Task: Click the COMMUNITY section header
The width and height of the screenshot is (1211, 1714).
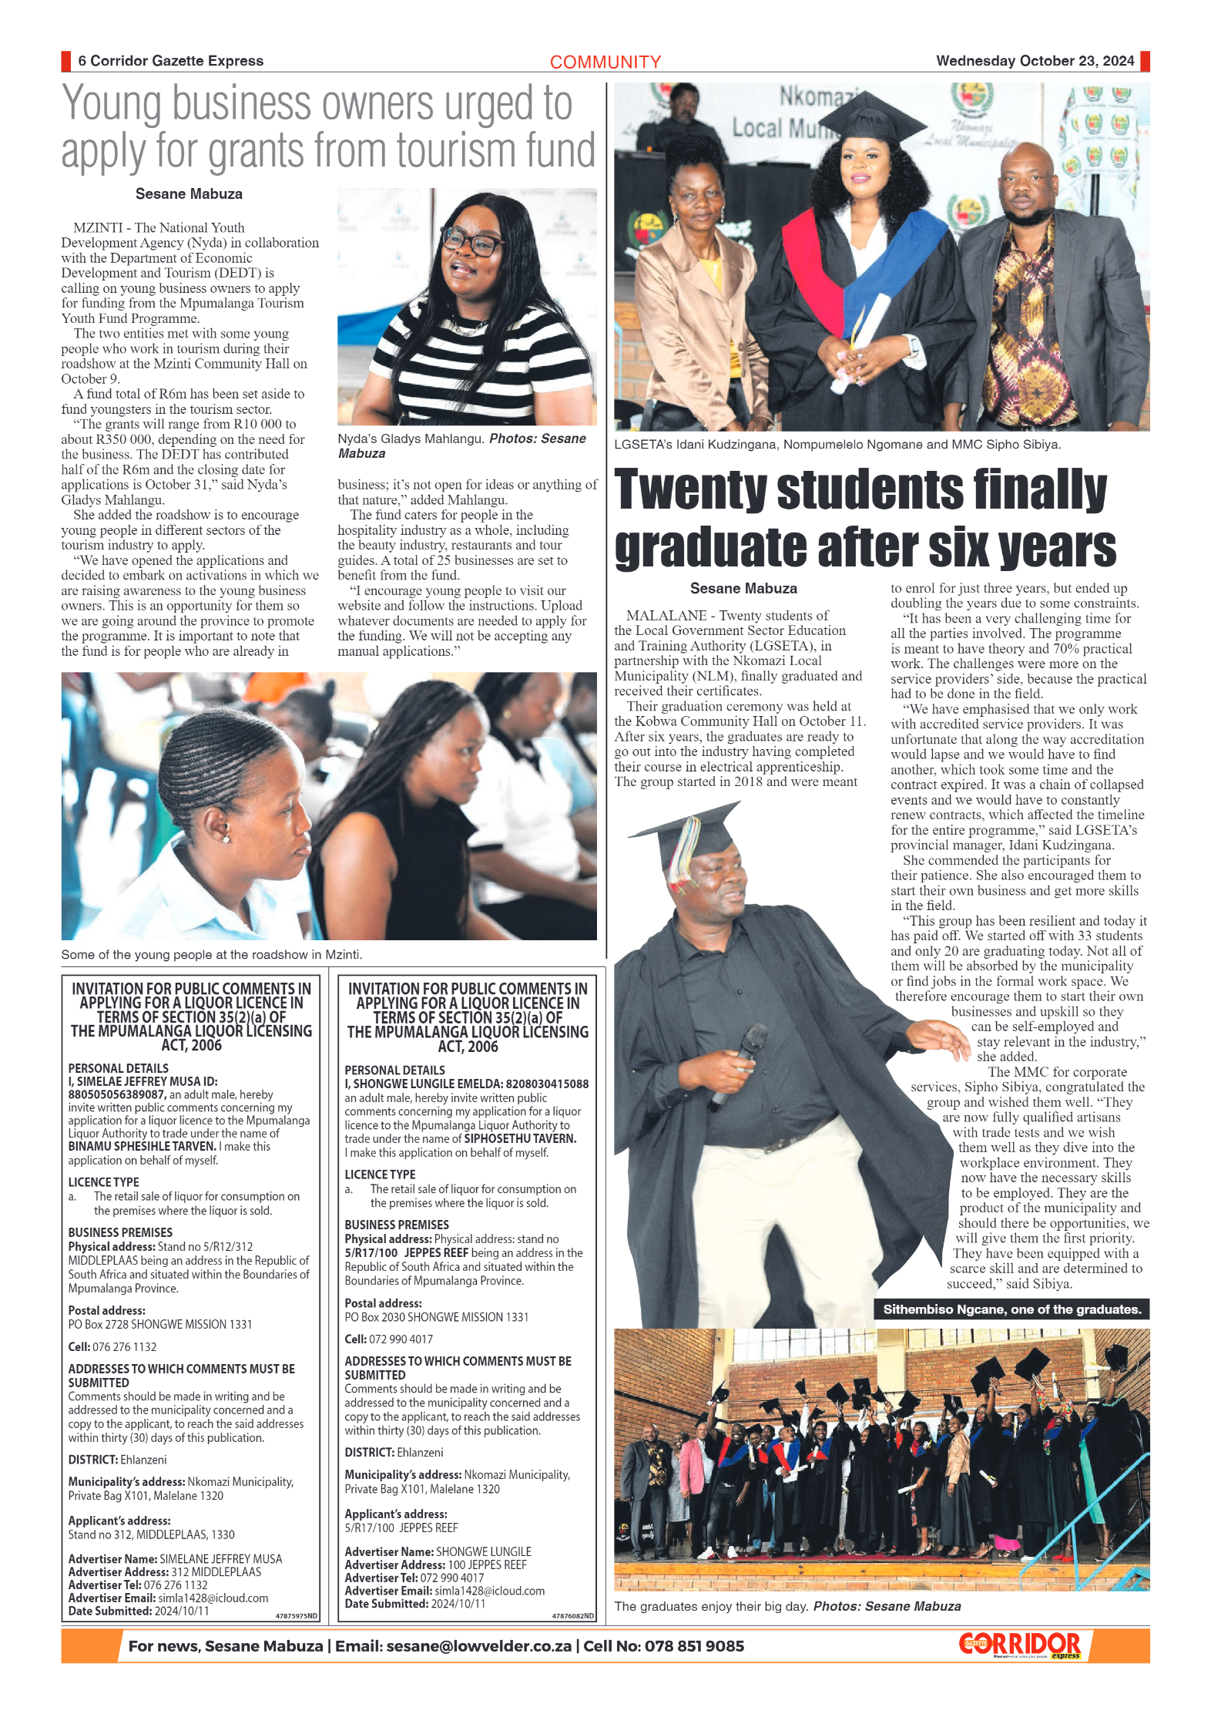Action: (x=605, y=62)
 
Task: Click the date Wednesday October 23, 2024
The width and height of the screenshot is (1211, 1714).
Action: (x=1035, y=61)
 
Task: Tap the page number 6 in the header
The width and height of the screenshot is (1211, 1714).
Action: (x=82, y=61)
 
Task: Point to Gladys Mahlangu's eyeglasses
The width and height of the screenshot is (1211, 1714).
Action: (x=469, y=243)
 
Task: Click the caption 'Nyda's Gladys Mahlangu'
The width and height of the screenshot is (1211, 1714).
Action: (x=410, y=439)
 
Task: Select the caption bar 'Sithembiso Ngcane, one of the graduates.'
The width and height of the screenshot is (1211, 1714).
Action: (x=1011, y=1309)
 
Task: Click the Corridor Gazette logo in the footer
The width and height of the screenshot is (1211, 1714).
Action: (x=1020, y=1645)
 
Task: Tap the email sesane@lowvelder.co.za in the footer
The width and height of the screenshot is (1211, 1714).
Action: (x=478, y=1646)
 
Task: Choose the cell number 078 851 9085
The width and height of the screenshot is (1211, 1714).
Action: (x=694, y=1646)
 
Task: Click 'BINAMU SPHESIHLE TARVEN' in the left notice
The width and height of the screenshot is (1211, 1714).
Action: (x=142, y=1146)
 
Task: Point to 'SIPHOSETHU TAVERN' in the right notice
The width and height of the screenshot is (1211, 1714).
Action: (x=520, y=1138)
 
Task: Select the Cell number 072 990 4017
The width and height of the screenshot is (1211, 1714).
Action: (x=401, y=1339)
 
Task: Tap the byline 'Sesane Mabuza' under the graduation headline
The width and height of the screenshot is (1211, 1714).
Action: (x=743, y=589)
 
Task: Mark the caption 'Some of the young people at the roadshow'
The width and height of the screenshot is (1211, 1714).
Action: (x=211, y=954)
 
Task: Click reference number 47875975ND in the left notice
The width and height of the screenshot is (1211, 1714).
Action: (x=296, y=1616)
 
